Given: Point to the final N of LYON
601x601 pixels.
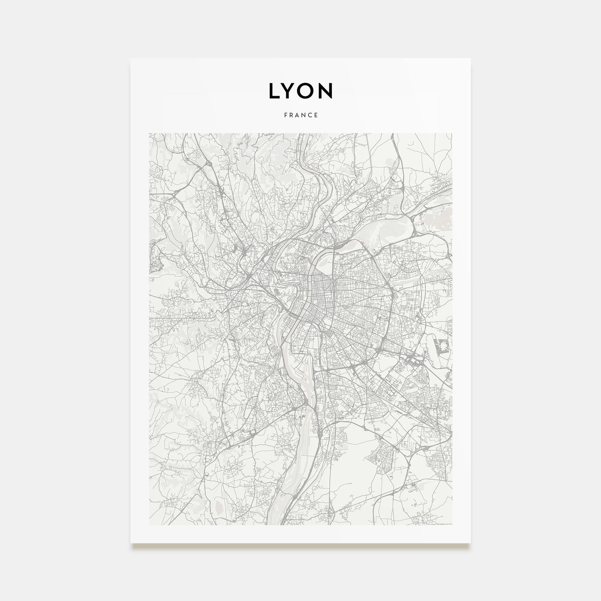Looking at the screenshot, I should pyautogui.click(x=326, y=90).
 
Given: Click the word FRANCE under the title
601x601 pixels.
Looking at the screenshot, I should pyautogui.click(x=300, y=115).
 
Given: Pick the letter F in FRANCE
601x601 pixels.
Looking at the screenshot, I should pyautogui.click(x=285, y=115).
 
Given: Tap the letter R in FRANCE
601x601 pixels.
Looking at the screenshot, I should pyautogui.click(x=291, y=115).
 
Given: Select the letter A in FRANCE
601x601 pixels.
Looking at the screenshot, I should pyautogui.click(x=297, y=115).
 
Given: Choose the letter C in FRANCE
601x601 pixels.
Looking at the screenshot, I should pyautogui.click(x=310, y=115).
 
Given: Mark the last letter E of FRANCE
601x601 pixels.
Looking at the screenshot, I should pyautogui.click(x=316, y=115).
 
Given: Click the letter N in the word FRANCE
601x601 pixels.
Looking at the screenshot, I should pyautogui.click(x=304, y=115).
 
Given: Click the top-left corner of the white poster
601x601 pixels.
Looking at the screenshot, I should pyautogui.click(x=131, y=59).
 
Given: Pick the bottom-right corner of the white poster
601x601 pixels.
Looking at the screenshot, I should pyautogui.click(x=470, y=543).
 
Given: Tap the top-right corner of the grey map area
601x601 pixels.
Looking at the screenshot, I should pyautogui.click(x=452, y=134).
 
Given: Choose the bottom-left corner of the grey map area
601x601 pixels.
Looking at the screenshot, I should pyautogui.click(x=149, y=525).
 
